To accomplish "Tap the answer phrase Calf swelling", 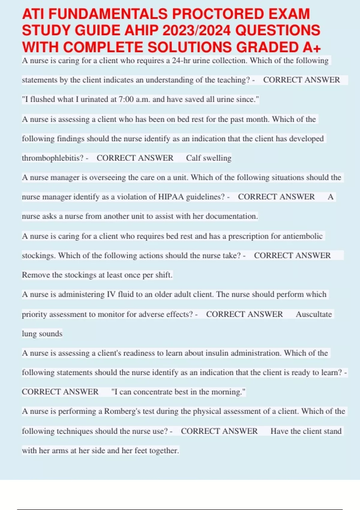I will [x=208, y=158].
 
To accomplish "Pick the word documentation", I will [x=231, y=216].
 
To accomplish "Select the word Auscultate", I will [x=314, y=314].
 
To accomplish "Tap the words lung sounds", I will [x=42, y=334].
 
